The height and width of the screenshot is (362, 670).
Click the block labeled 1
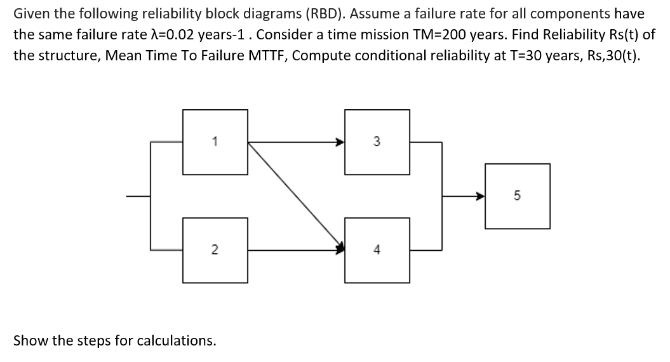[215, 142]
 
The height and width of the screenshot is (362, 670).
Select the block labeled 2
[215, 250]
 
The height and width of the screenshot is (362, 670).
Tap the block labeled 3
[377, 142]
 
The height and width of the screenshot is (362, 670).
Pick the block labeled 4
[377, 250]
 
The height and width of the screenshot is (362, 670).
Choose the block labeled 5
[517, 196]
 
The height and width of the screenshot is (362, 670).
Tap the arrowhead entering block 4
[340, 248]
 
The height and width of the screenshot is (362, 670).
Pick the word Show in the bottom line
[29, 340]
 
